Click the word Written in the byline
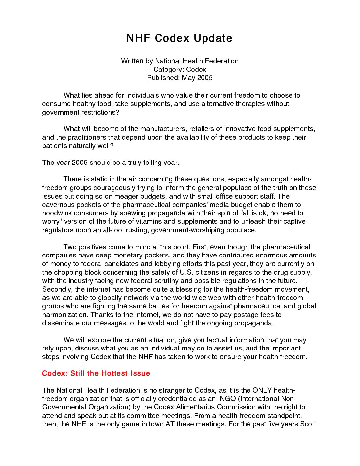point(132,61)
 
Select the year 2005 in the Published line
point(204,78)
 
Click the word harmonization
point(65,314)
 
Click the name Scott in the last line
point(309,424)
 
